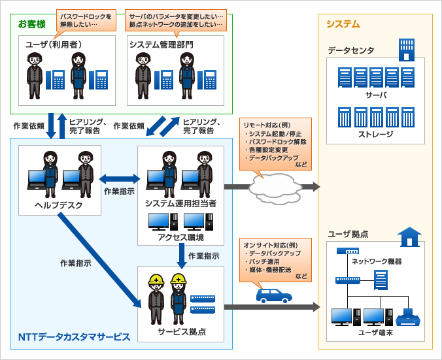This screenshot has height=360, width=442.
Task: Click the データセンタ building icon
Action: [x=407, y=50]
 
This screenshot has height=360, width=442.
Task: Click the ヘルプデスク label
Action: [x=59, y=205]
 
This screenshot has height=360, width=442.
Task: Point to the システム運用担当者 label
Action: [x=180, y=204]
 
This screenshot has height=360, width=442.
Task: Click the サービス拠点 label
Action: [x=181, y=331]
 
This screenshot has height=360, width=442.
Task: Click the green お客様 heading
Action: [x=31, y=24]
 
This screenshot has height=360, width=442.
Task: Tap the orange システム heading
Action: [x=343, y=24]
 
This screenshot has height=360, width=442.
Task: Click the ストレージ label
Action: [x=375, y=134]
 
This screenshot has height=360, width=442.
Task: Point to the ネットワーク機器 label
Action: [x=376, y=261]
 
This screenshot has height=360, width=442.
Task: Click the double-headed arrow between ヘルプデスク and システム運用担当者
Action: [x=119, y=178]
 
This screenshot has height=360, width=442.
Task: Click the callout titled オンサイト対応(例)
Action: [x=275, y=261]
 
